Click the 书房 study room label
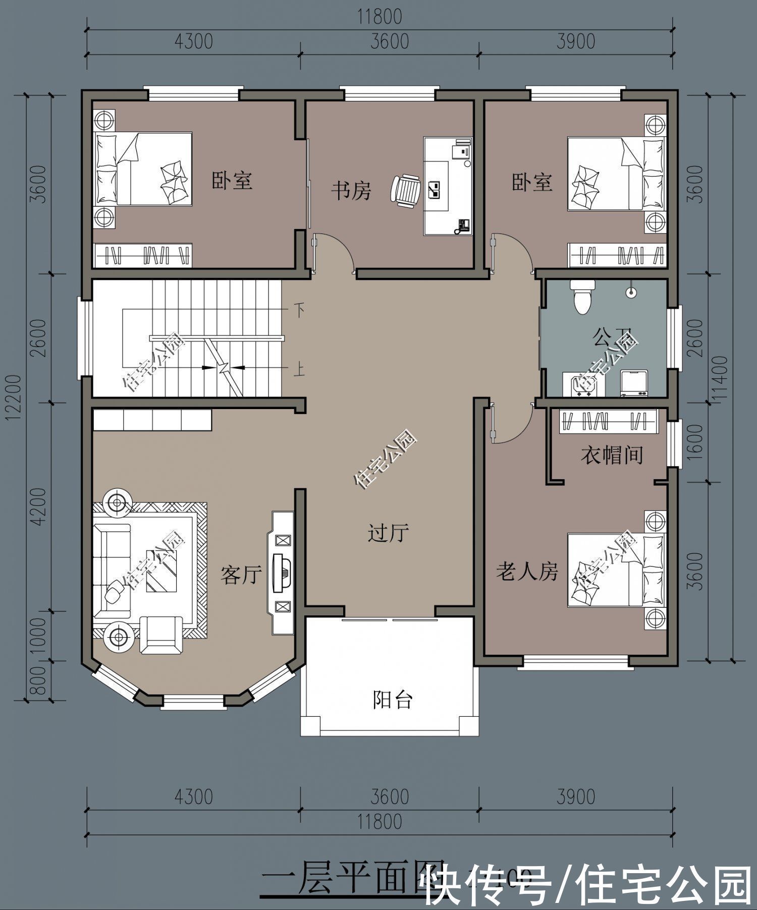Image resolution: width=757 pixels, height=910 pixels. click(x=351, y=191)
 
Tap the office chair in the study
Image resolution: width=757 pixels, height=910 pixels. click(x=406, y=191)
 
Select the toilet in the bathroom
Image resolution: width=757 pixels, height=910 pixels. click(x=582, y=296)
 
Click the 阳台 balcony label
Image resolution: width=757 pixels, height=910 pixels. click(x=393, y=700)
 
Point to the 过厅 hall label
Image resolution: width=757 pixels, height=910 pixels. click(x=388, y=533)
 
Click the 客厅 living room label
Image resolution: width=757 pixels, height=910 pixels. click(x=241, y=575)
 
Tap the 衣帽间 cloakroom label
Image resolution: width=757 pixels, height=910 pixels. click(x=611, y=456)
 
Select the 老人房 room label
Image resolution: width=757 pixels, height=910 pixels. click(x=527, y=572)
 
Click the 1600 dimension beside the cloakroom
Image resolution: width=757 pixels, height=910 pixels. click(x=695, y=441)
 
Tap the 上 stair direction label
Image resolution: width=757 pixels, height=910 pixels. click(x=299, y=371)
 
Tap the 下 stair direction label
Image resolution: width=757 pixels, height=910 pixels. click(x=299, y=310)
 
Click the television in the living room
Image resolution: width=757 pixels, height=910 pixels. click(x=281, y=573)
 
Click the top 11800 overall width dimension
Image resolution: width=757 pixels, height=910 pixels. click(x=380, y=17)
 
